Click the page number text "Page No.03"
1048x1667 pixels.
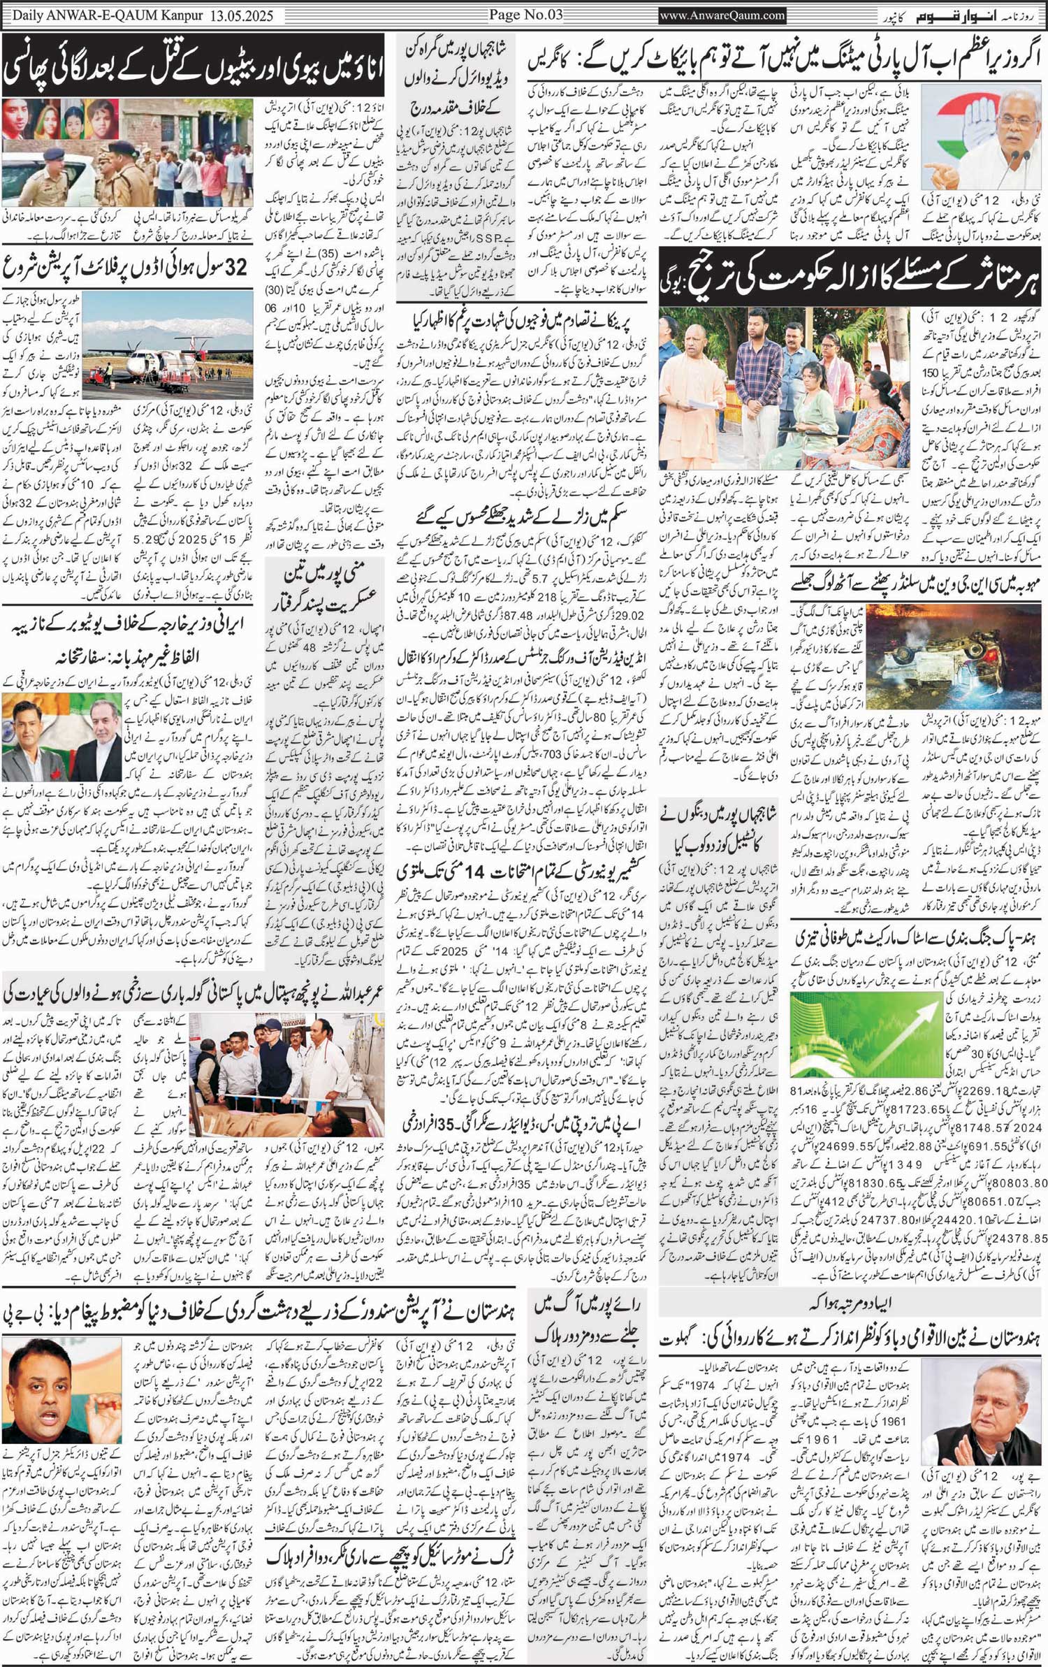(x=524, y=15)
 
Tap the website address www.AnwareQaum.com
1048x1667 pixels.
(x=722, y=15)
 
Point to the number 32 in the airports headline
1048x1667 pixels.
(x=238, y=267)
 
